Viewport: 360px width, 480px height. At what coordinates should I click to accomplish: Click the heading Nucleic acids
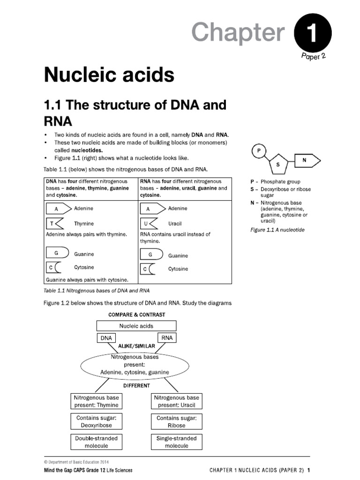pos(109,74)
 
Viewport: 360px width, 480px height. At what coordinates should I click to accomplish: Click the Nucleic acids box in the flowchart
pos(136,326)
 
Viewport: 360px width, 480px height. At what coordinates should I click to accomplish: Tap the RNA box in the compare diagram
pos(167,337)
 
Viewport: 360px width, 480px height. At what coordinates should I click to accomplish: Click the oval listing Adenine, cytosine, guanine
pos(135,364)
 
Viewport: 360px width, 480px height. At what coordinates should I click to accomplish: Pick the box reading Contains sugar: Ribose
pos(176,421)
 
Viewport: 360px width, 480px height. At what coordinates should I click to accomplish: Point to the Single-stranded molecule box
pos(176,442)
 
